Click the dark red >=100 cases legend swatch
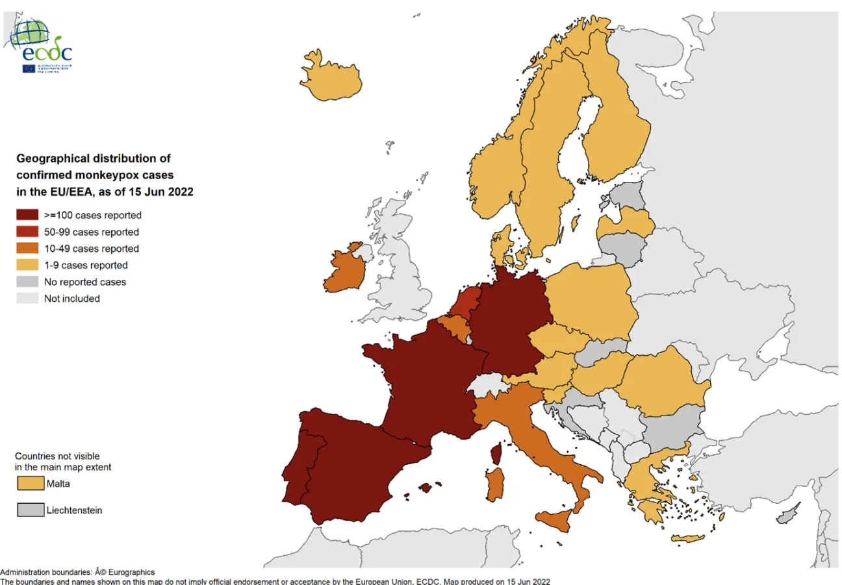[27, 216]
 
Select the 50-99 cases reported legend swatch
[27, 232]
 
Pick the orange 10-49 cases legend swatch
[27, 249]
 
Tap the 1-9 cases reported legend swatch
[27, 265]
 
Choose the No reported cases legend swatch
[27, 282]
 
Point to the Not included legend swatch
[27, 299]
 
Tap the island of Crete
[687, 538]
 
